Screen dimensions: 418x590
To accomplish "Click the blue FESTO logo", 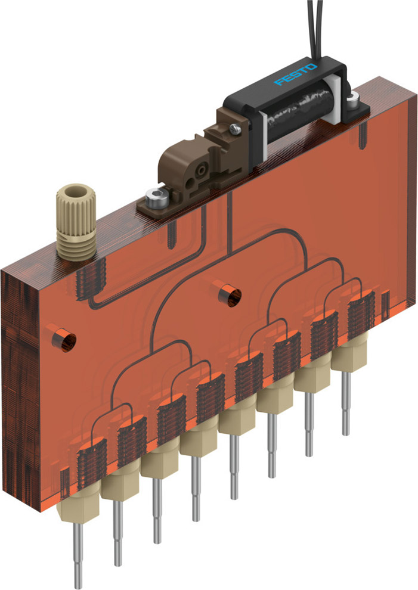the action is pos(296,74).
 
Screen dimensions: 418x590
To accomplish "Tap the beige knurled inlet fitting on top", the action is pos(76,222).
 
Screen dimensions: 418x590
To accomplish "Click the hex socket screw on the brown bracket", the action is pos(157,200).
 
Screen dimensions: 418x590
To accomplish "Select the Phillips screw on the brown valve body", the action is pos(236,129).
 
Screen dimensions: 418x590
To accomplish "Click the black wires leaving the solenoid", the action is pos(315,30).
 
